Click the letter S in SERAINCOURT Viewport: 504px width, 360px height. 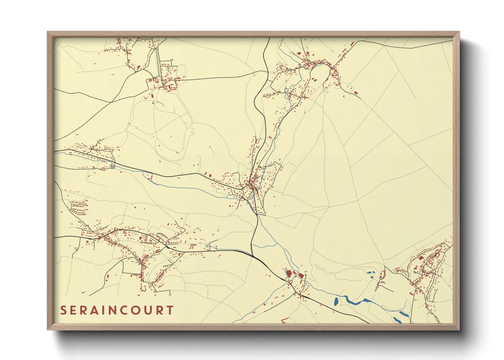(x=63, y=310)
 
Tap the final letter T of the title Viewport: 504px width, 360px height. (x=170, y=310)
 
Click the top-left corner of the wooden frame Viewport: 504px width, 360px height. (x=48, y=32)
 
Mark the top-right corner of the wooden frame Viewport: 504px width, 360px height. (x=459, y=32)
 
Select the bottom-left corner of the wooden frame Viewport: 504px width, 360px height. (x=48, y=329)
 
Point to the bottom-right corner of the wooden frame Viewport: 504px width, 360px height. (x=459, y=329)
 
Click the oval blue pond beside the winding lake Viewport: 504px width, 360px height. (x=336, y=301)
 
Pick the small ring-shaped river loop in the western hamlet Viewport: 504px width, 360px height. (x=112, y=166)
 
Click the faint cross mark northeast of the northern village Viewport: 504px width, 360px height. (x=333, y=51)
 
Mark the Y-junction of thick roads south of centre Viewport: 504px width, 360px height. (x=252, y=255)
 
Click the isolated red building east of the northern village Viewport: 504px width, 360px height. (x=356, y=93)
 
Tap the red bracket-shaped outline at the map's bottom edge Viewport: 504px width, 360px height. (x=285, y=320)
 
